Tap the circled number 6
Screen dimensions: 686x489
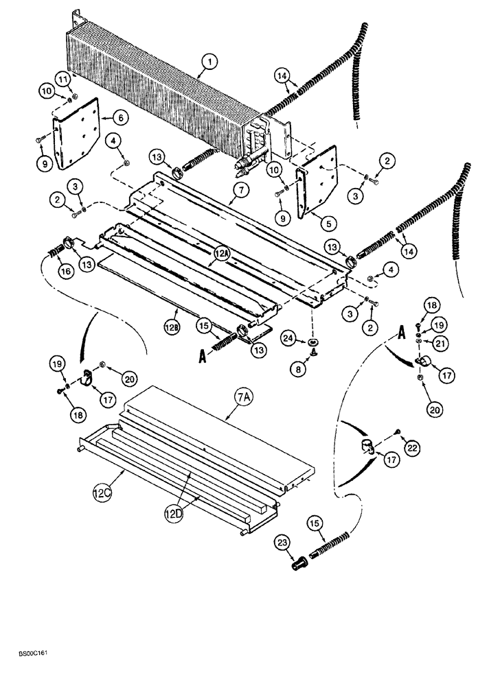click(121, 118)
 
